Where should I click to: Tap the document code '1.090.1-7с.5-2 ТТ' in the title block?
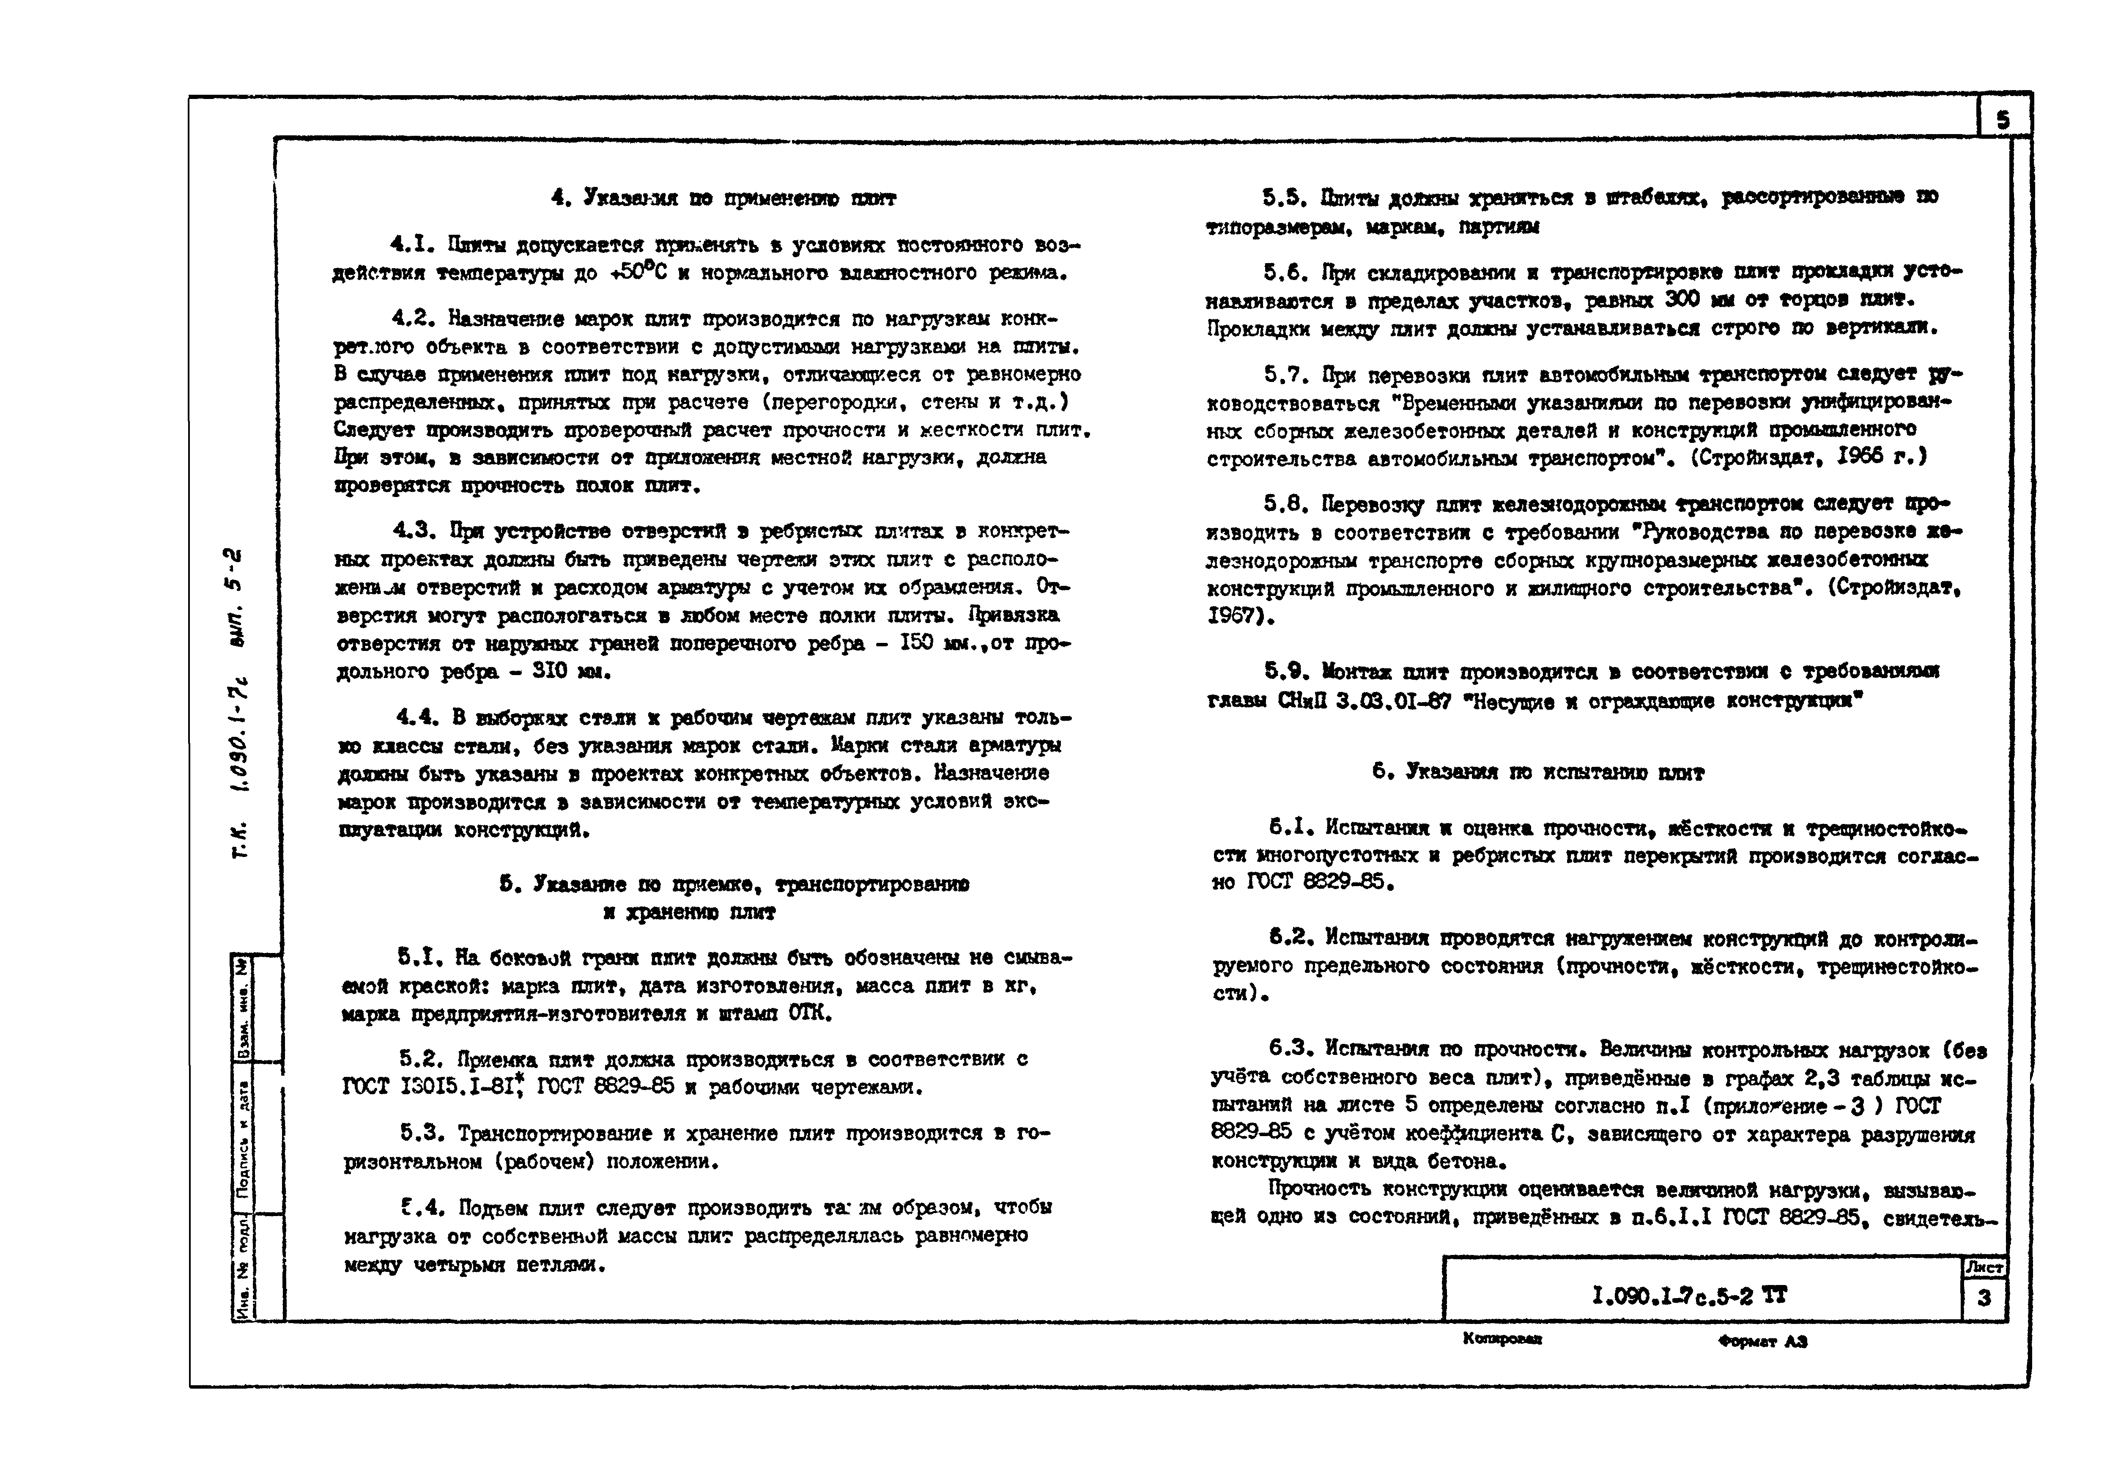[x=1689, y=1296]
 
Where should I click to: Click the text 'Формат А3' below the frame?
[x=1762, y=1341]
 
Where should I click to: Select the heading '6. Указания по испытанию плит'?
[x=1538, y=772]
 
